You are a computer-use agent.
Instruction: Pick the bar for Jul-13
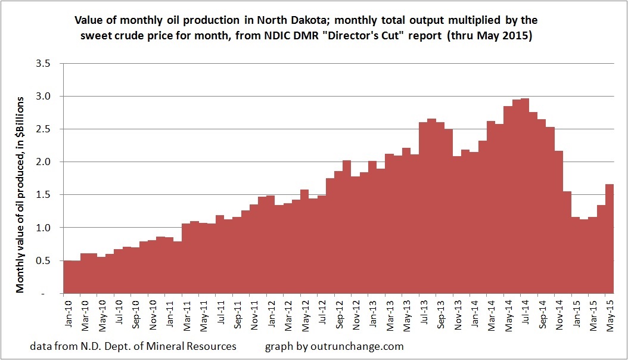pyautogui.click(x=424, y=209)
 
